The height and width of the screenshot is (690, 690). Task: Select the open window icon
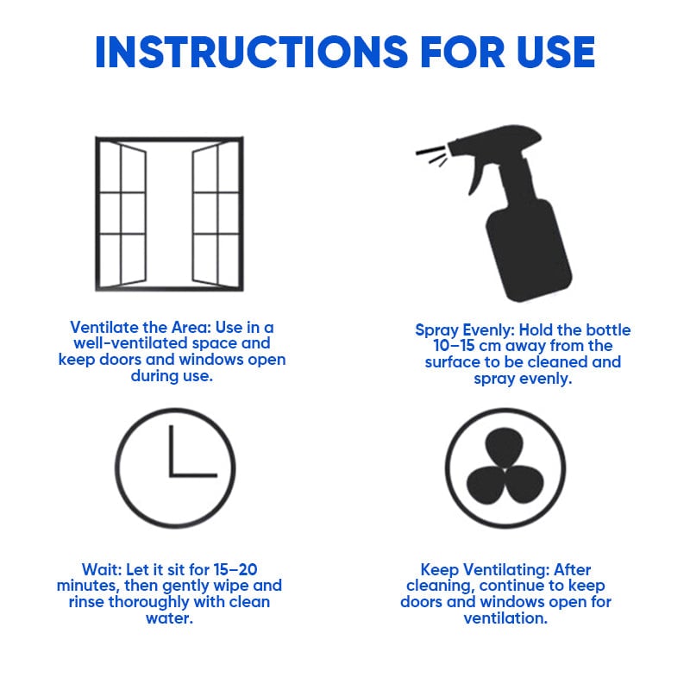pos(169,215)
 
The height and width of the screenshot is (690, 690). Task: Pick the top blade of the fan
pos(505,448)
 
